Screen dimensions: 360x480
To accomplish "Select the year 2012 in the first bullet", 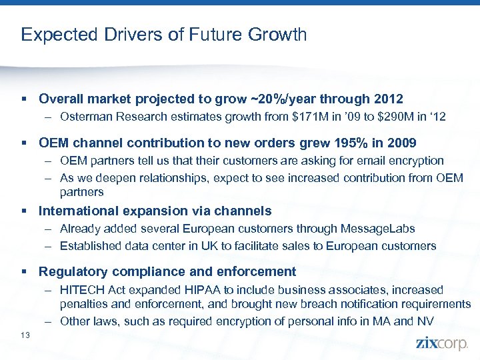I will point(387,99).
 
